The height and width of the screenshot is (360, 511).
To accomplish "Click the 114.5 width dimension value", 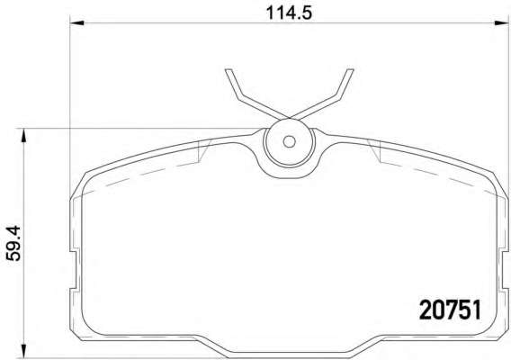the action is click(289, 13).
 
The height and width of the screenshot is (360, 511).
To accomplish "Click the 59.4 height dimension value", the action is click(13, 243).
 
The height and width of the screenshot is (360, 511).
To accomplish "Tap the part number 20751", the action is click(450, 310).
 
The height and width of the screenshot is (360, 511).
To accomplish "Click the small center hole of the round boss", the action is click(289, 141).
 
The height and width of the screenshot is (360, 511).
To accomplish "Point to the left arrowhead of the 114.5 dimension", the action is click(77, 22).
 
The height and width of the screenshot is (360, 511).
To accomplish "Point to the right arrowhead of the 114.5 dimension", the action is click(501, 22).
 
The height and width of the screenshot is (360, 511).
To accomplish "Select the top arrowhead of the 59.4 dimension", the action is click(22, 136).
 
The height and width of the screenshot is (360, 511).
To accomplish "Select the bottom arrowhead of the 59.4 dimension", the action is click(22, 351).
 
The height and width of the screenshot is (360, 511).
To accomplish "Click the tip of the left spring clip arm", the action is click(229, 69).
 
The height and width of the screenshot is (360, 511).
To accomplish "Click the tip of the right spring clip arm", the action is click(350, 69).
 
